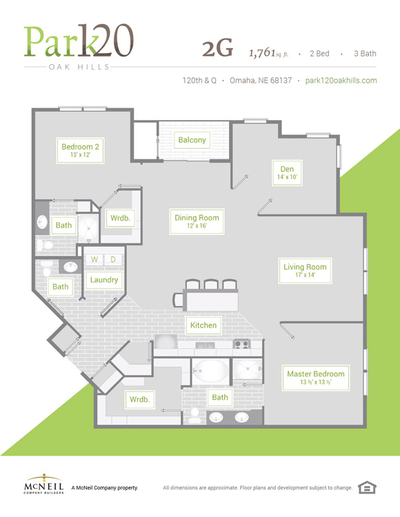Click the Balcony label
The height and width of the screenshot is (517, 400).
tap(192, 140)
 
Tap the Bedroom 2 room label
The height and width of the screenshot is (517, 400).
tap(80, 150)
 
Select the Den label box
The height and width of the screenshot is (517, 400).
tap(287, 172)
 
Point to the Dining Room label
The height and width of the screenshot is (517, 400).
tap(197, 221)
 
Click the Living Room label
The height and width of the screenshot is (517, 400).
tap(305, 270)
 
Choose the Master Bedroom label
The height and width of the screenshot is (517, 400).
tap(316, 378)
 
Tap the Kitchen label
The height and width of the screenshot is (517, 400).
tap(203, 325)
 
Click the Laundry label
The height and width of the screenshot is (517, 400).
tap(104, 280)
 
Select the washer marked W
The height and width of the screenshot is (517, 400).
tap(94, 259)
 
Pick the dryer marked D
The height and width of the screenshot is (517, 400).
tap(113, 259)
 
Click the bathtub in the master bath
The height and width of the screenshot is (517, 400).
tap(211, 371)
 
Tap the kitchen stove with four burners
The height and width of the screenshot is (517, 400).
tap(241, 345)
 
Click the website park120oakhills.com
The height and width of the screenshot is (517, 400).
tap(341, 81)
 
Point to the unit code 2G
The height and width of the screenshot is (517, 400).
tap(218, 49)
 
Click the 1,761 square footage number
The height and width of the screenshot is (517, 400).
tap(262, 52)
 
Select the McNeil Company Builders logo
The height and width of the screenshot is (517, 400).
tap(44, 484)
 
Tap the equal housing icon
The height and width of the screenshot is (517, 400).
tap(367, 487)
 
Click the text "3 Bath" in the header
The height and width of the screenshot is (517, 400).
tap(365, 53)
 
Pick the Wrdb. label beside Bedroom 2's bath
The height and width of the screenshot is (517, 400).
tap(121, 219)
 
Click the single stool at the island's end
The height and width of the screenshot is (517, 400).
tap(178, 300)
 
